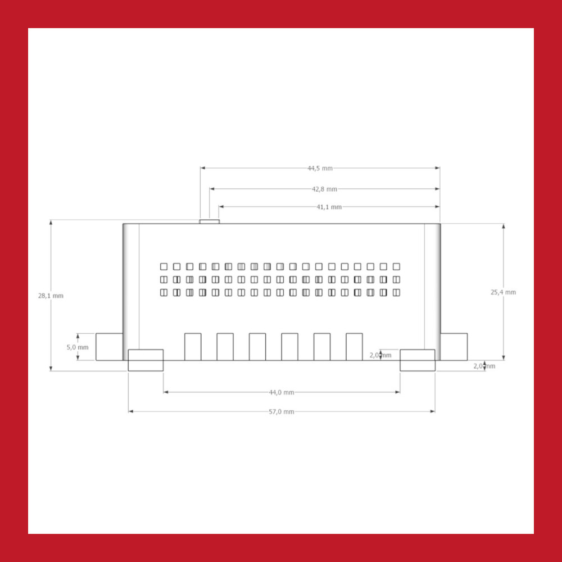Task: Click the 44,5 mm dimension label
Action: tap(320, 168)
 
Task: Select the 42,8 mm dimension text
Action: tap(324, 189)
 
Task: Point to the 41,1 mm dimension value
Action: tap(329, 207)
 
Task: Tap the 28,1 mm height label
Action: tap(51, 296)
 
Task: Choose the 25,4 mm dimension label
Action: tap(503, 292)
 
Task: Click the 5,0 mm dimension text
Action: tap(78, 347)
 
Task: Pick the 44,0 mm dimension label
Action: tap(282, 392)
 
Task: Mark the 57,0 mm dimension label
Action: tap(282, 411)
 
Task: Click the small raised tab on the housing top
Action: tap(209, 221)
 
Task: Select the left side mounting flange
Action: tap(109, 347)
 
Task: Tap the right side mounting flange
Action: tap(454, 347)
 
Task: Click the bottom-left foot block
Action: tap(146, 360)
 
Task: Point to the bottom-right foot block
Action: tap(418, 360)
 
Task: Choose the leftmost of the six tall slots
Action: tap(193, 347)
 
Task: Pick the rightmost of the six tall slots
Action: tap(354, 347)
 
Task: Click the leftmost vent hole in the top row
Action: tap(164, 266)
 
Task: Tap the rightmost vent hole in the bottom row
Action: tap(396, 292)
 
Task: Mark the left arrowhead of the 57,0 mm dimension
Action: tap(131, 411)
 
